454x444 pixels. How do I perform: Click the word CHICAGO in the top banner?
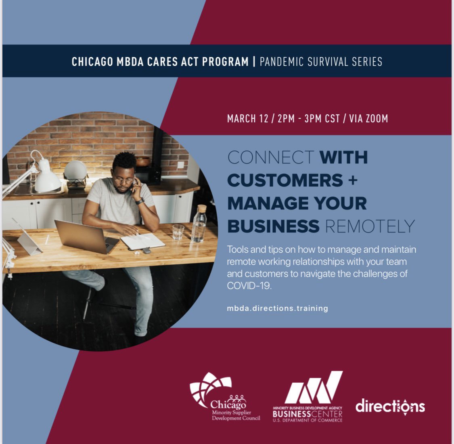(92, 62)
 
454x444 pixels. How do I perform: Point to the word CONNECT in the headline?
(271, 157)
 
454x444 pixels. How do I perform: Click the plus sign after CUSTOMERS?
(353, 180)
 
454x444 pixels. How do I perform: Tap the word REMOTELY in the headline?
(370, 226)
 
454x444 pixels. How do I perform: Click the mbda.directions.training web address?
(277, 308)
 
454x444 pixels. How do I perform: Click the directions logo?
(390, 406)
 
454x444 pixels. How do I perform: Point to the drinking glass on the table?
(178, 232)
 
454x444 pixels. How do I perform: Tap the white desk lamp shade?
(47, 178)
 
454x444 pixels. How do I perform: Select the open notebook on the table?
(143, 241)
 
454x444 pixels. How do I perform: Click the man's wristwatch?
(140, 201)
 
